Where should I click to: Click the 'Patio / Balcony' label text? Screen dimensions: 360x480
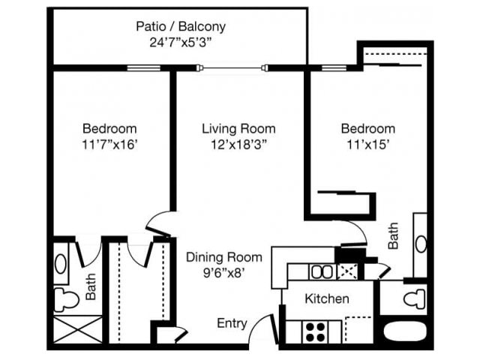click(x=180, y=26)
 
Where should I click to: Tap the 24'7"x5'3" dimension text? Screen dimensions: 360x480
click(x=180, y=43)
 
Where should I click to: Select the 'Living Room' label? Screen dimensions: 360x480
click(x=238, y=128)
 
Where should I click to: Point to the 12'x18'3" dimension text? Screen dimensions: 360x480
click(x=238, y=145)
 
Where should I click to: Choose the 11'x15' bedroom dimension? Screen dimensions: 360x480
click(x=367, y=145)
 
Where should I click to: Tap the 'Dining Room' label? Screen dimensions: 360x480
click(x=223, y=257)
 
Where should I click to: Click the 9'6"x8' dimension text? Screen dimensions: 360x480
click(x=223, y=274)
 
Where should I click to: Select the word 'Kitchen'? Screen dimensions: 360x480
click(x=326, y=298)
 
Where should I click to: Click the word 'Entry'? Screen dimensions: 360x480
click(x=232, y=323)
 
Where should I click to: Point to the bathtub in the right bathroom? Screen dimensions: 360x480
click(x=405, y=331)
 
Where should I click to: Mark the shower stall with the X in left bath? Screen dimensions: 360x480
click(x=77, y=331)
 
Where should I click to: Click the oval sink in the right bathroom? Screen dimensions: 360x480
click(x=421, y=244)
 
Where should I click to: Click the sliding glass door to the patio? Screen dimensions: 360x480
click(x=233, y=69)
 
